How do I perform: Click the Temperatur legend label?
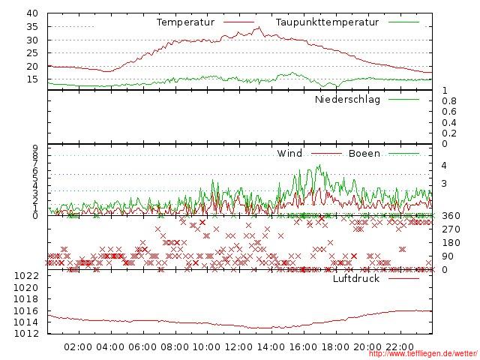pos(185,22)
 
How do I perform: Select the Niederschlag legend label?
pos(347,99)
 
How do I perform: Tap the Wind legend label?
pos(289,154)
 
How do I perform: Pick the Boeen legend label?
pos(364,154)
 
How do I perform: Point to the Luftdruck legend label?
pos(356,278)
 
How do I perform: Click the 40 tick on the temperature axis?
pos(31,13)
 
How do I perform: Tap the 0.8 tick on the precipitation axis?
pos(449,100)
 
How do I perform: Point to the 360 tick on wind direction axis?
pos(450,216)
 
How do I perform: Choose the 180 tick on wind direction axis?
pos(450,243)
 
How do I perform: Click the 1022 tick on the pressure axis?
pos(25,276)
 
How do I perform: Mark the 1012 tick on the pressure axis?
pos(25,333)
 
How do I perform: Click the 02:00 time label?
pos(78,346)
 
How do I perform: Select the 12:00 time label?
pos(238,346)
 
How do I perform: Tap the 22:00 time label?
pos(399,346)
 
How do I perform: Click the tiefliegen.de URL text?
pos(423,354)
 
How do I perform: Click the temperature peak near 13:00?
pos(259,27)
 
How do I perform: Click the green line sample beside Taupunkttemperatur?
pos(404,22)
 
